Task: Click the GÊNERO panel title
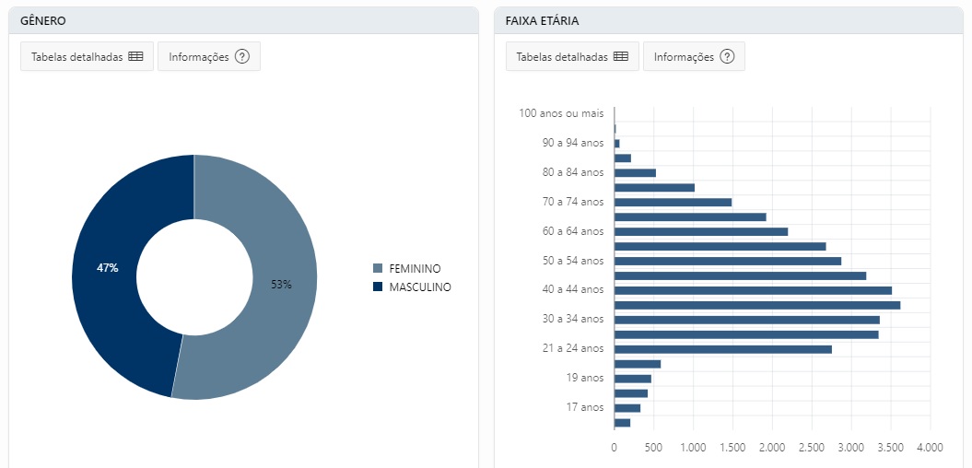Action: (x=43, y=20)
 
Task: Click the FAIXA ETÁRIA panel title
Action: (x=542, y=20)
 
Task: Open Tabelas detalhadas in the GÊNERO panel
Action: (x=85, y=56)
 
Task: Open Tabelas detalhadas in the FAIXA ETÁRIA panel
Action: (x=571, y=56)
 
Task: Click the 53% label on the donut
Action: (x=281, y=285)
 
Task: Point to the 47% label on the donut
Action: (x=108, y=268)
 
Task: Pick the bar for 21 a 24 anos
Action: (x=723, y=349)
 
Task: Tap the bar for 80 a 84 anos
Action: (x=635, y=172)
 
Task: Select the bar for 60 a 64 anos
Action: (x=701, y=231)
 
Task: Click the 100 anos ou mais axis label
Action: (x=561, y=113)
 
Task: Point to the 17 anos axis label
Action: (x=585, y=407)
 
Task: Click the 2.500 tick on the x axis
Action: (x=812, y=447)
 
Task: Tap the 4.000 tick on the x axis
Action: (x=930, y=447)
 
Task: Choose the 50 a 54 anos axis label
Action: (x=573, y=261)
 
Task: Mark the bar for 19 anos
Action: (x=633, y=379)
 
